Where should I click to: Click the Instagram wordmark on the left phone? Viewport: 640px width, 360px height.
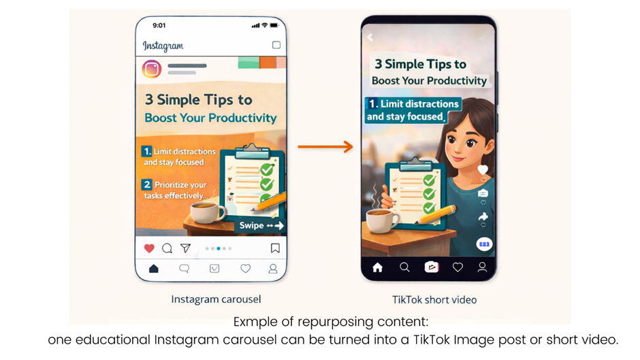[x=163, y=46]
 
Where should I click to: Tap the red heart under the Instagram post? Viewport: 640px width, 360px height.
[x=149, y=248]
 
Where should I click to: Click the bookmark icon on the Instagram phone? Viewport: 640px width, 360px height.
[x=275, y=248]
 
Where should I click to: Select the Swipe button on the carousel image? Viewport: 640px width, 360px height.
[x=261, y=225]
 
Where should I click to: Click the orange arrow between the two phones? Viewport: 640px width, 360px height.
[x=325, y=146]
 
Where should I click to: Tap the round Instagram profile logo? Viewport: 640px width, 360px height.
[x=151, y=69]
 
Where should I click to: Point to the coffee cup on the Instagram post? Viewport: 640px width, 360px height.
[x=206, y=212]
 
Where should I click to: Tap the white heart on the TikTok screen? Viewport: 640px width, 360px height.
[x=483, y=169]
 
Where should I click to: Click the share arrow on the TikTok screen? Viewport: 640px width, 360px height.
[x=483, y=216]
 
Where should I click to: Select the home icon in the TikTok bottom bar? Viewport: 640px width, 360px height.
[x=377, y=267]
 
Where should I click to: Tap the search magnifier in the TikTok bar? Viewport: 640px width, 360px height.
[x=404, y=267]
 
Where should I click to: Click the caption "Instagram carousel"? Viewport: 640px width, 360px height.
[x=216, y=299]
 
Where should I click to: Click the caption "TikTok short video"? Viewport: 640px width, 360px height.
[x=434, y=299]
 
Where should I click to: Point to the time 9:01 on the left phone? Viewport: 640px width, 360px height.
[x=159, y=25]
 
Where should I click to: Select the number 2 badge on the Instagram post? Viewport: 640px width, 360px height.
[x=146, y=184]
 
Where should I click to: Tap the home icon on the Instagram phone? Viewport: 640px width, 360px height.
[x=154, y=269]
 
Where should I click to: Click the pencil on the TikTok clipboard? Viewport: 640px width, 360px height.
[x=436, y=216]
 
